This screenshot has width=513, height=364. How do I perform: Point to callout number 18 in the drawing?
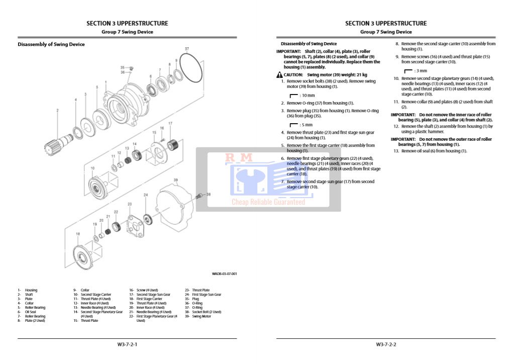[77, 234]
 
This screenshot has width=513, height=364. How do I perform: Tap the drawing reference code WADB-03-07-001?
[224, 274]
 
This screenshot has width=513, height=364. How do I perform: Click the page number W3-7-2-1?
[127, 344]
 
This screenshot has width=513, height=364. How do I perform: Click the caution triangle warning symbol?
[279, 74]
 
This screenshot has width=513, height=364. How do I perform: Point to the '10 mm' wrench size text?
[307, 95]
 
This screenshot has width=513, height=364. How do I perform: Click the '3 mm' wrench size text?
[421, 71]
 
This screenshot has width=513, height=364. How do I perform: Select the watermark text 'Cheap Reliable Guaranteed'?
[268, 202]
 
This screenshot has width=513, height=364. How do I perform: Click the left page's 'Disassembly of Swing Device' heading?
[51, 44]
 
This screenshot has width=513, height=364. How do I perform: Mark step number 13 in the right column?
[396, 151]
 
